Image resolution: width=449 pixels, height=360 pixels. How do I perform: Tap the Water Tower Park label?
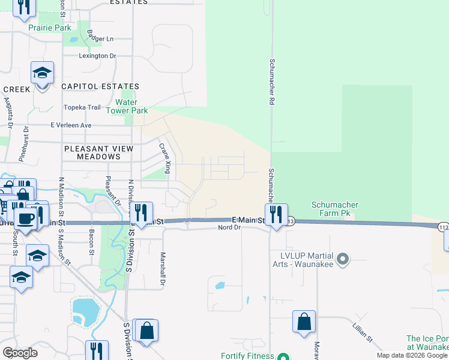pos(127,106)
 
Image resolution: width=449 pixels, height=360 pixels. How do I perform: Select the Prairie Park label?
pos(49,28)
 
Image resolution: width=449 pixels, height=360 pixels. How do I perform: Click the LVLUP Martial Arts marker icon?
pos(343,260)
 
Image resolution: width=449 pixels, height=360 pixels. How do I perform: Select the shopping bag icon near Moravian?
pos(304,322)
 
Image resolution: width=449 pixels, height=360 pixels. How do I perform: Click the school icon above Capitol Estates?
pos(42,73)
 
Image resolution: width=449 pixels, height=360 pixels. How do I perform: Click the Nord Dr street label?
pos(229,228)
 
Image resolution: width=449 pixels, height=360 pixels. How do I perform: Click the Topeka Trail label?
pos(82,107)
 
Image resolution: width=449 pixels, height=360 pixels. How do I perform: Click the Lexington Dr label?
pos(97,56)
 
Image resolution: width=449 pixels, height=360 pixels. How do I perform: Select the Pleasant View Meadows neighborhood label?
pos(99,152)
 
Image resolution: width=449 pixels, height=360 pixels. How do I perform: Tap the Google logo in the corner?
pos(20,353)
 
